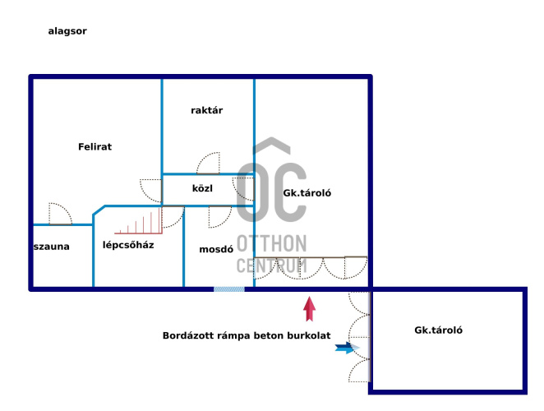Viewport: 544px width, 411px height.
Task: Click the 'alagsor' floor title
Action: click(67, 31)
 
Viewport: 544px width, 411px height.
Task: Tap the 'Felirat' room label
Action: click(95, 147)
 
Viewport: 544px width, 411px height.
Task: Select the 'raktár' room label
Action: click(207, 110)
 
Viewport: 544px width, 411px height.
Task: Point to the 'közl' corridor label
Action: click(202, 188)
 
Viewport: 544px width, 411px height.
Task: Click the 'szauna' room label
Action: click(52, 247)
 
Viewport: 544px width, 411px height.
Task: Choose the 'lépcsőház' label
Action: click(128, 245)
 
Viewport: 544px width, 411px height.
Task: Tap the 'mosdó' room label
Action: click(217, 249)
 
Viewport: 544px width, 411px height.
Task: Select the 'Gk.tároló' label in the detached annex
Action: click(439, 330)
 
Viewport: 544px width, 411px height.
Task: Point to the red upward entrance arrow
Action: click(310, 308)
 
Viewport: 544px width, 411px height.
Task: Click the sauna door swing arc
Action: click(59, 214)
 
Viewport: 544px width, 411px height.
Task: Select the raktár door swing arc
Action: click(209, 164)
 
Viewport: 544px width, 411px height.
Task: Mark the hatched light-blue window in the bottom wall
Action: click(229, 289)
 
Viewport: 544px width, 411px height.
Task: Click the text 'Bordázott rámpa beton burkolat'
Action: click(247, 335)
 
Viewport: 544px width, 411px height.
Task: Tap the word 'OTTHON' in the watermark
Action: click(272, 244)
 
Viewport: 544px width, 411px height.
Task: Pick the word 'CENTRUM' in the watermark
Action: click(272, 266)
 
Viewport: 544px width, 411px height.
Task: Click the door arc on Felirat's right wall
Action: click(151, 191)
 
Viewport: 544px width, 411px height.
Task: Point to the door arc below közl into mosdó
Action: click(219, 216)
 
